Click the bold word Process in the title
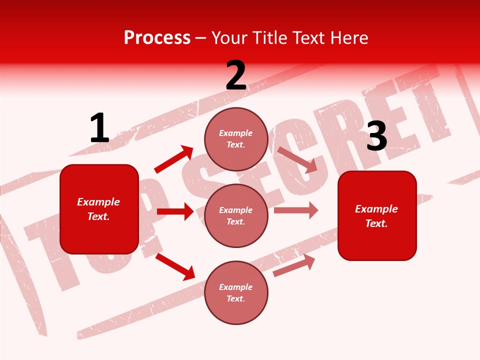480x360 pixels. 157,37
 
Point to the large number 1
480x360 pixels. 99,128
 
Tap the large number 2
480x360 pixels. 236,75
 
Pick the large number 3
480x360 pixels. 376,136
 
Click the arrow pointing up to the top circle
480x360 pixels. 173,159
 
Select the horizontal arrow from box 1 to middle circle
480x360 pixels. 175,211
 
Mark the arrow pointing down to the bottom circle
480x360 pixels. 175,266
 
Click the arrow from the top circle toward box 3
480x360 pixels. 297,160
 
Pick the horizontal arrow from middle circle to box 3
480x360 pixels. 296,210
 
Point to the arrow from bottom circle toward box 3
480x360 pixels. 294,265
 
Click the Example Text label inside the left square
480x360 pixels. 98,209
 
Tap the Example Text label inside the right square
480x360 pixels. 376,216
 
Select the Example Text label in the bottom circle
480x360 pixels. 236,292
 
